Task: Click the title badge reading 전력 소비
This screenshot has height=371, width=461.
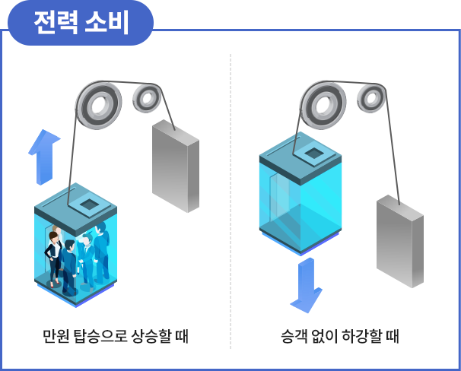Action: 81,23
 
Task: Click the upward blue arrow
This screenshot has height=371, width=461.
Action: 44,157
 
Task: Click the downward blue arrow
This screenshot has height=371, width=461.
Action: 307,285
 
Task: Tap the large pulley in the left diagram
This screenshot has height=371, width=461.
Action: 99,106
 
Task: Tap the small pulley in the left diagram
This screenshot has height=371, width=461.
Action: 147,98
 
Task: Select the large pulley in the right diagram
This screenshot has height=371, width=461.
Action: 323,106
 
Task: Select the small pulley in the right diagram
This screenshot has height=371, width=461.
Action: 371,98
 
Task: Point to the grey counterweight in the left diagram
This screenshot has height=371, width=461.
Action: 176,166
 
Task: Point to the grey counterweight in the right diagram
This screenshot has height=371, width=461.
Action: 400,241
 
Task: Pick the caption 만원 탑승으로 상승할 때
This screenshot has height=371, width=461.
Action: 116,336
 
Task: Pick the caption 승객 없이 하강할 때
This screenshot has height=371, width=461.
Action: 340,336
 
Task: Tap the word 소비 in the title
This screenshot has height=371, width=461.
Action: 107,23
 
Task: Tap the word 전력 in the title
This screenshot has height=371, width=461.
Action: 56,23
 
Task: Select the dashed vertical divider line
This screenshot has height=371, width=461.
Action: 230,201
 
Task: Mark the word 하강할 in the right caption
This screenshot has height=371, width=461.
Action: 360,336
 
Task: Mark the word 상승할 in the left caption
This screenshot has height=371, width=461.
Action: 151,336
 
